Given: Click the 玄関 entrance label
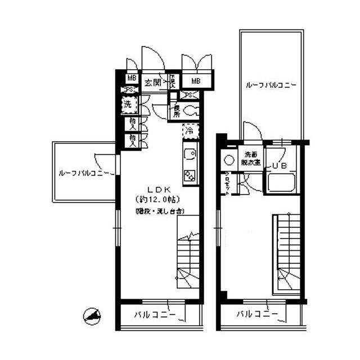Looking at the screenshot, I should pos(152,82).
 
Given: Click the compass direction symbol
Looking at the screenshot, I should pos(91,316).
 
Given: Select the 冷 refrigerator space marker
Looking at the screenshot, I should pos(189,130).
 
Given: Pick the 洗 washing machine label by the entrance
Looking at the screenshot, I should pos(128,105).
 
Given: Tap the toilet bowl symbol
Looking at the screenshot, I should pos(190,110).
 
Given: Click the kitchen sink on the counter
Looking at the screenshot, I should pos(188,153).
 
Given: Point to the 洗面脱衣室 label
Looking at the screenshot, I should pos(250,159).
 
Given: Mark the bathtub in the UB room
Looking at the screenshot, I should pos(282,183).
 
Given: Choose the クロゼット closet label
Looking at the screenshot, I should pos(227,183).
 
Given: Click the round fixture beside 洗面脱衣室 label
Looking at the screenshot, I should pos(228,159).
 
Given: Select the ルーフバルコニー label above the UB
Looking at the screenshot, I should pos(271,85).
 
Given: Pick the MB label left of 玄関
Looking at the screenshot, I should pos(132,78).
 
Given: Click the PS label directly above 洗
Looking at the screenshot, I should pos(129,91).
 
